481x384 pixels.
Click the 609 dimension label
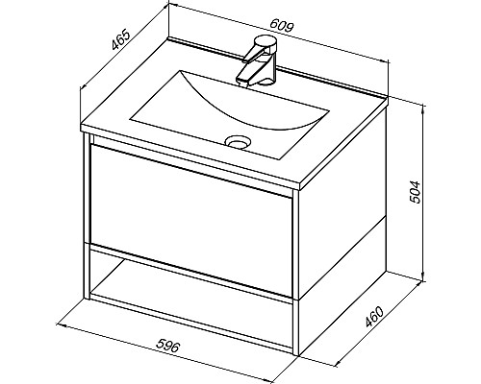(282, 26)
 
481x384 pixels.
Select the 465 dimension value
(121, 40)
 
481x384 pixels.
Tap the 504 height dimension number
(416, 192)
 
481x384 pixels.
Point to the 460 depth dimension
(374, 317)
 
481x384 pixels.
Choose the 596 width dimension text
(167, 346)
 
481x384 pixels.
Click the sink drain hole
(238, 141)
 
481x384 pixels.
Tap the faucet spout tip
(243, 81)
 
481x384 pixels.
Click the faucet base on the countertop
(266, 81)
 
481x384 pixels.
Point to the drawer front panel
(191, 220)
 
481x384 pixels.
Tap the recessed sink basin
(230, 114)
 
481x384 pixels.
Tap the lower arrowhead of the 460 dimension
(339, 364)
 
